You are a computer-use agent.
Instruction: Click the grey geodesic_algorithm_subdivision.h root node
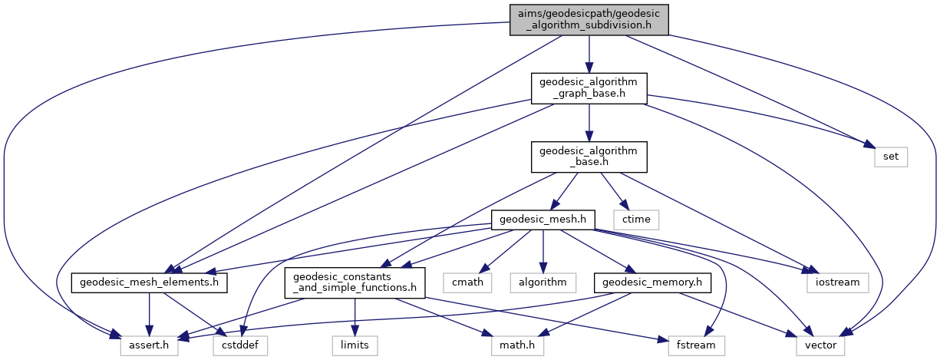589,20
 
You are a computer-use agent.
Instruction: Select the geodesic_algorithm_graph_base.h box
589,88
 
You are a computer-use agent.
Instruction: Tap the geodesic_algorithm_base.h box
589,157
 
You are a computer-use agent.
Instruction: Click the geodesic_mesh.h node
543,220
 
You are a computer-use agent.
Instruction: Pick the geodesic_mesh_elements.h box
149,282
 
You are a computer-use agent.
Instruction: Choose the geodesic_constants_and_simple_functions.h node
355,282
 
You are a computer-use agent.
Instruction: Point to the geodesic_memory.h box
652,282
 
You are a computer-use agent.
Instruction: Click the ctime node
636,220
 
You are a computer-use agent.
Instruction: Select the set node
891,157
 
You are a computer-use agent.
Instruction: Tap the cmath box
467,282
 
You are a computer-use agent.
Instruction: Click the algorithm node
543,282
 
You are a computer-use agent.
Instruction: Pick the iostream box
837,282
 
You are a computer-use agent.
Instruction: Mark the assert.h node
149,345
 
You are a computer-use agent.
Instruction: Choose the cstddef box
240,345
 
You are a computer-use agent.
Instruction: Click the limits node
355,345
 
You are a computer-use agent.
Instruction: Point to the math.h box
517,345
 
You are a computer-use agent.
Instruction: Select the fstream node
696,345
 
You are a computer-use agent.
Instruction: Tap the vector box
820,345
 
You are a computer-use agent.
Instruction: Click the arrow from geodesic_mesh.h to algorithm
543,251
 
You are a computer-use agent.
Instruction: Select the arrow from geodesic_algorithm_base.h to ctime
615,191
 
